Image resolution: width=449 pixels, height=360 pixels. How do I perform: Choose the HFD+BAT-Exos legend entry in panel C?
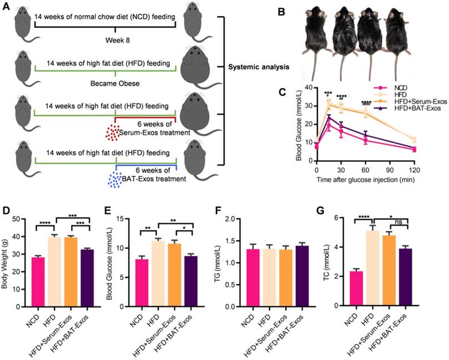[x=415, y=108]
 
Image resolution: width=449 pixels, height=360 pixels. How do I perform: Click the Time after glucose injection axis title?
[x=370, y=179]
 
